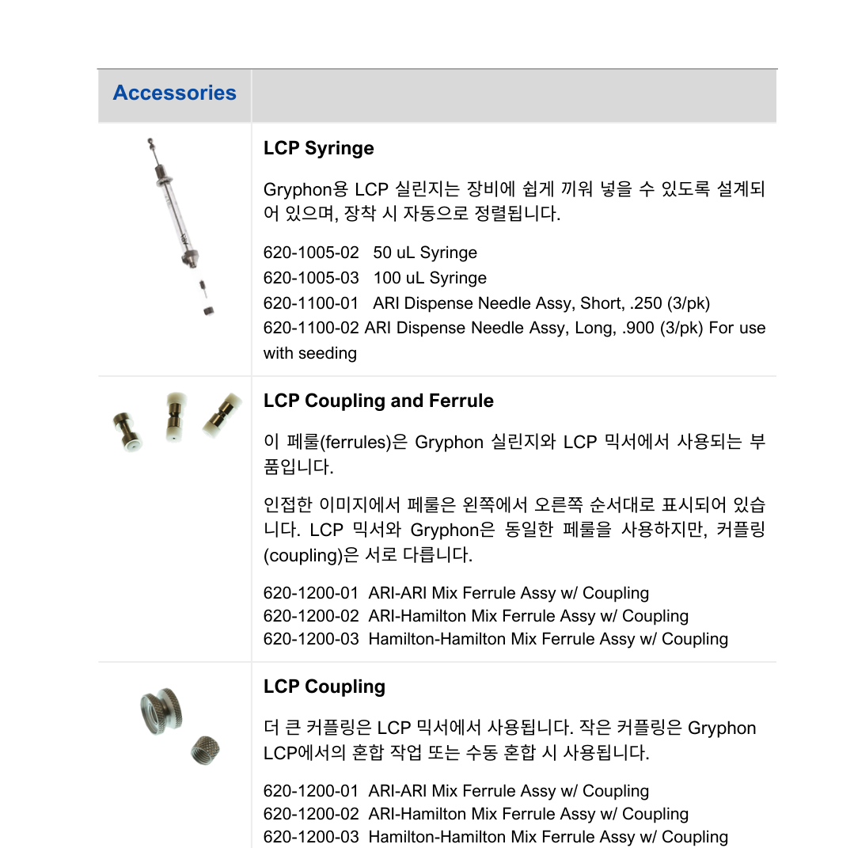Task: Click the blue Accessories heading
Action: [174, 93]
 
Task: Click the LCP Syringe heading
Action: [318, 148]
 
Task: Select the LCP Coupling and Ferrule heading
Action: [378, 401]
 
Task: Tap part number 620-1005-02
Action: [311, 253]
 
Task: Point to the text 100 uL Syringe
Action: [430, 278]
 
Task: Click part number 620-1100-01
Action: [311, 303]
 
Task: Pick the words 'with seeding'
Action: [309, 353]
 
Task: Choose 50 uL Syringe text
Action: [425, 253]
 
